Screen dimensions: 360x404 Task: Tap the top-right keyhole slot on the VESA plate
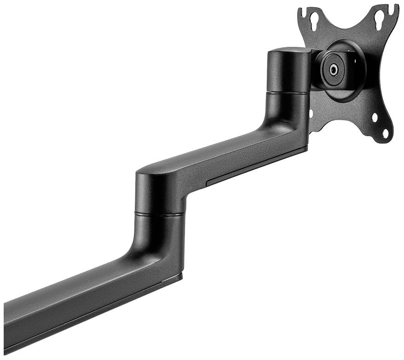380,18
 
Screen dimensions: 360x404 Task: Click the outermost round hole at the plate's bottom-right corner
386,134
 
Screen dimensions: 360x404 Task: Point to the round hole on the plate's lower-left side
312,113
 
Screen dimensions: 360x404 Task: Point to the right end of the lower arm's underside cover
177,276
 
